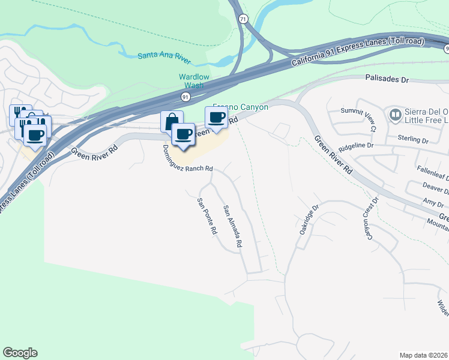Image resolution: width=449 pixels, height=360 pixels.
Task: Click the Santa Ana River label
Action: pyautogui.click(x=164, y=55)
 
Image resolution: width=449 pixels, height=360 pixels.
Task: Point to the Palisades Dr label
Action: pyautogui.click(x=387, y=79)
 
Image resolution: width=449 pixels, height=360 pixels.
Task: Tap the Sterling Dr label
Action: pyautogui.click(x=413, y=140)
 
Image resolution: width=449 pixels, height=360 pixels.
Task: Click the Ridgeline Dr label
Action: pyautogui.click(x=356, y=145)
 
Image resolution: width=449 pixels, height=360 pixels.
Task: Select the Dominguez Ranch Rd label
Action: pyautogui.click(x=188, y=161)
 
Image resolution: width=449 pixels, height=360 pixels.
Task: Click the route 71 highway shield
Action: pyautogui.click(x=242, y=19)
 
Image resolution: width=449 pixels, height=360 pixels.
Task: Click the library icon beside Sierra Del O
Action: pyautogui.click(x=396, y=113)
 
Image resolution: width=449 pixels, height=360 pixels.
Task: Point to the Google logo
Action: pyautogui.click(x=20, y=353)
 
